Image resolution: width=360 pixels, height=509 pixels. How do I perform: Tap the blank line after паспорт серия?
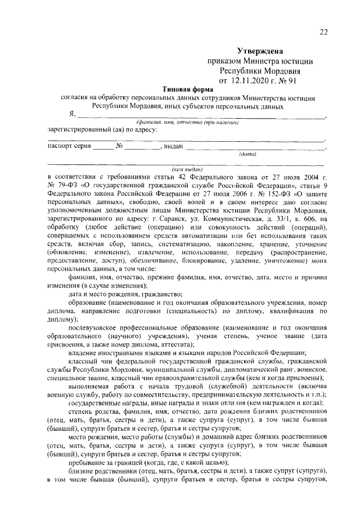pyautogui.click(x=102, y=147)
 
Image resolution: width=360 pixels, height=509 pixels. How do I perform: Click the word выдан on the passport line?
pyautogui.click(x=172, y=147)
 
